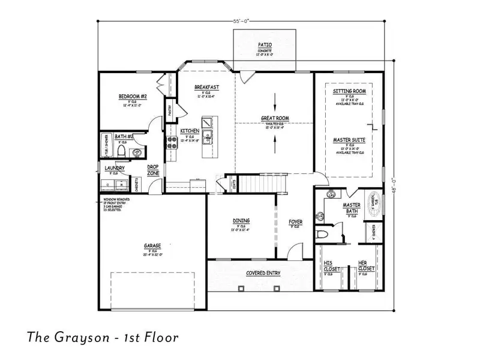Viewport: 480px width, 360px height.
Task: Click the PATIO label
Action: (264, 44)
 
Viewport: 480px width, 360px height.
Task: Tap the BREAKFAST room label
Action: (206, 88)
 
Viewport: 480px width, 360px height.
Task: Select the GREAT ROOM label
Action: (275, 118)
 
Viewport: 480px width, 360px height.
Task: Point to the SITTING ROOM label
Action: (349, 91)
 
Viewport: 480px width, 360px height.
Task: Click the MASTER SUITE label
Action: (349, 140)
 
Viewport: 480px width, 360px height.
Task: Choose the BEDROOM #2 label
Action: (133, 96)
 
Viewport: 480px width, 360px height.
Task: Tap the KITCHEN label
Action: (190, 131)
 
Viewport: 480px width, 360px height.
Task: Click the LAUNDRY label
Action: (114, 169)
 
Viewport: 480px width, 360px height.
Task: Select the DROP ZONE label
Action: (153, 170)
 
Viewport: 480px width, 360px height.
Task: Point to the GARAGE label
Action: (151, 245)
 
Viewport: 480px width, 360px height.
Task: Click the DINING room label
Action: (241, 221)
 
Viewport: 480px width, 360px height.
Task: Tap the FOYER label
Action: (295, 222)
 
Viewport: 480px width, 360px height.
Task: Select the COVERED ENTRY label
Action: (263, 273)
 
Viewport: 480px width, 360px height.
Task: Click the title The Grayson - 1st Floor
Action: (103, 337)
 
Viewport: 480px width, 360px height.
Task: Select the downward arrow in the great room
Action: (275, 99)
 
